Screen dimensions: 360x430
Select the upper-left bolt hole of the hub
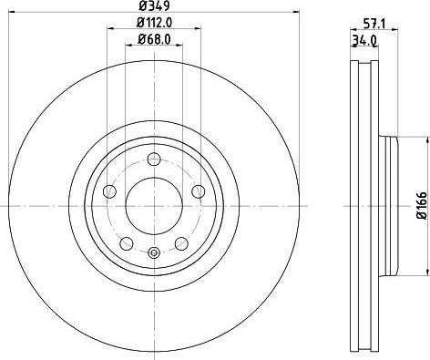point(108,190)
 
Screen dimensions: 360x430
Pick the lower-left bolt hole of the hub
point(124,242)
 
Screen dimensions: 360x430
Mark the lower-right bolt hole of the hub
point(181,242)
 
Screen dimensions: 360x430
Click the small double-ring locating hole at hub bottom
point(153,252)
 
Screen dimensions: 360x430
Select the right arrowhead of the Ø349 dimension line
point(296,13)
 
